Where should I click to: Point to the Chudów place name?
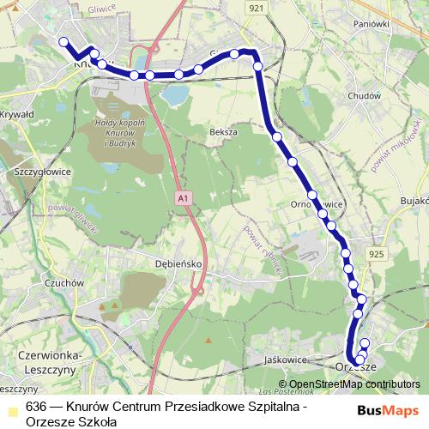tap(365, 96)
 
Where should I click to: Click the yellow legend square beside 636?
tap(13, 407)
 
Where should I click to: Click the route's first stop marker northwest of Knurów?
tap(63, 40)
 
